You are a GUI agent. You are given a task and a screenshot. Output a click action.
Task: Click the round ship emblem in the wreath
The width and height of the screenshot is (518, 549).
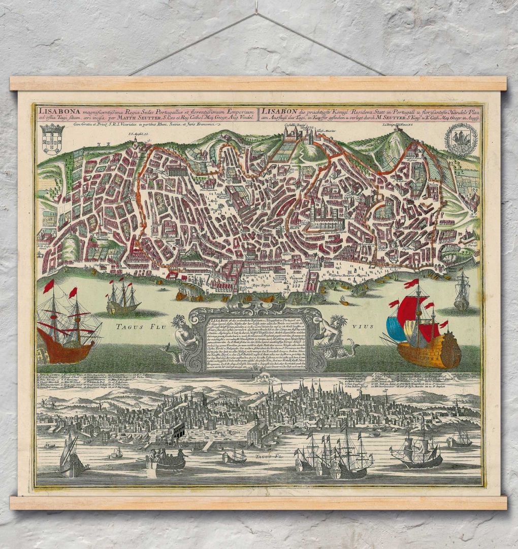[x=461, y=138]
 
